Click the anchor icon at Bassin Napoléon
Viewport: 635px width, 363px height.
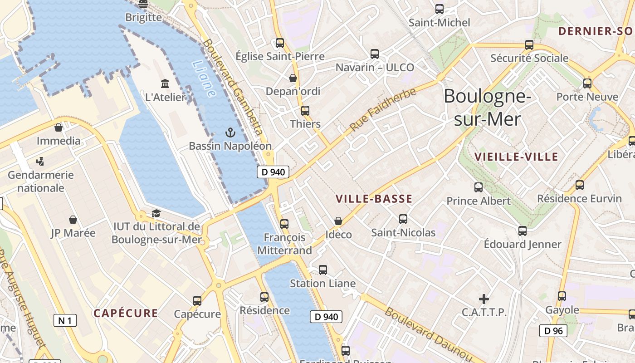pyautogui.click(x=230, y=132)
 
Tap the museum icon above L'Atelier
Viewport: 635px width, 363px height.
pyautogui.click(x=165, y=84)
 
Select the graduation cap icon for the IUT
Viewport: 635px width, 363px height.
pyautogui.click(x=156, y=213)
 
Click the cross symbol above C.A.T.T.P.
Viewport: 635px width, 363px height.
pyautogui.click(x=484, y=299)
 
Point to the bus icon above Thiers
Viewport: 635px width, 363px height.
pyautogui.click(x=305, y=111)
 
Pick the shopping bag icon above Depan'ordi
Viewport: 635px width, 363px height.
pyautogui.click(x=293, y=78)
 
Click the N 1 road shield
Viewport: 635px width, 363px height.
pyautogui.click(x=65, y=321)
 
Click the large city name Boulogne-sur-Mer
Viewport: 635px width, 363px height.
pyautogui.click(x=487, y=108)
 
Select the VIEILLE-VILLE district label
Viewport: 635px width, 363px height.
pyautogui.click(x=516, y=157)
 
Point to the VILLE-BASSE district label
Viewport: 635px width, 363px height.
pyautogui.click(x=374, y=199)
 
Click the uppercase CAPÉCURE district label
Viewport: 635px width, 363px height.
pyautogui.click(x=126, y=313)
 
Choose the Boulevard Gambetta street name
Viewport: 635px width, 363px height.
pyautogui.click(x=233, y=87)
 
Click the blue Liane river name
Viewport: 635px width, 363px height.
pyautogui.click(x=204, y=79)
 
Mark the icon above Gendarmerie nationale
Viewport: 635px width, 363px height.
pyautogui.click(x=40, y=161)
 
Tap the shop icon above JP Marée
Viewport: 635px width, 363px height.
pyautogui.click(x=73, y=220)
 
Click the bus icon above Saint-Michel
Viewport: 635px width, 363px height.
pyautogui.click(x=439, y=9)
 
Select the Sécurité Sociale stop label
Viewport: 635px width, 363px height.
pyautogui.click(x=529, y=58)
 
